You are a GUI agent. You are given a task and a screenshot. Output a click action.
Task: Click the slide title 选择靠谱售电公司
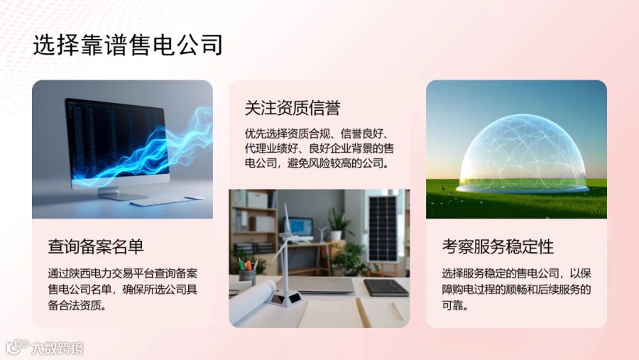(x=128, y=45)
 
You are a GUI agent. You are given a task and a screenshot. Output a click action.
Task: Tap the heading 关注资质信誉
(x=293, y=108)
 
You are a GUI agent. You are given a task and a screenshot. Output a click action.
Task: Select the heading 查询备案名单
(x=96, y=246)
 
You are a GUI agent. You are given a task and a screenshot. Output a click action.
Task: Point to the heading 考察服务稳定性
(x=498, y=246)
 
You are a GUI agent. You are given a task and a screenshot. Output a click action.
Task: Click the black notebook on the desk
(x=386, y=288)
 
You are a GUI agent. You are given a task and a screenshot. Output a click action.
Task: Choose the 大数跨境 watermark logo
(x=44, y=347)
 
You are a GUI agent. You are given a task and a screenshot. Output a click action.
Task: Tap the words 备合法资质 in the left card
(x=74, y=305)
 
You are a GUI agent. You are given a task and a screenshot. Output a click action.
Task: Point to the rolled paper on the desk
(x=253, y=302)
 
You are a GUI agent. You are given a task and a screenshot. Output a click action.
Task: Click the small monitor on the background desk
(x=300, y=227)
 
